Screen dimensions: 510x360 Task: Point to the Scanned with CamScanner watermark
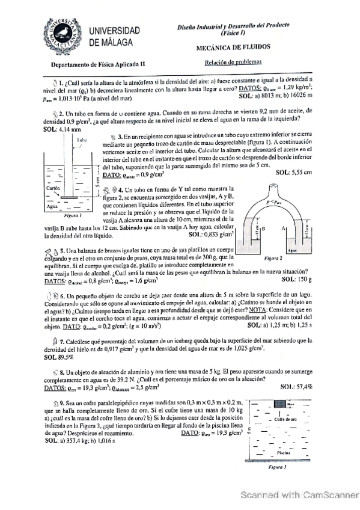[296, 494]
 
